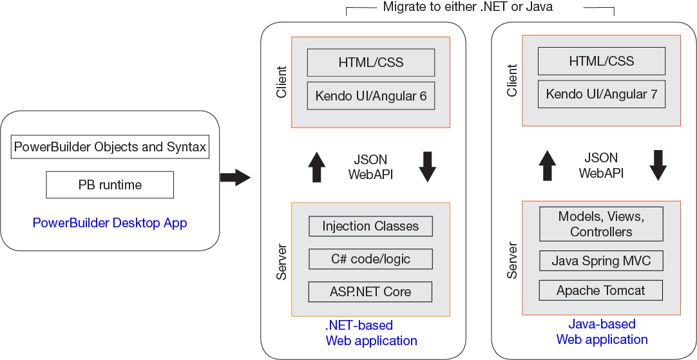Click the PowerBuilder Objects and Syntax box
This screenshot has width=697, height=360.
[110, 147]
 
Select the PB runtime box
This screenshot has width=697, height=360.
[110, 185]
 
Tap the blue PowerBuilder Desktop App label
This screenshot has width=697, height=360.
[110, 223]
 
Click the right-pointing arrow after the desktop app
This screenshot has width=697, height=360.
[234, 177]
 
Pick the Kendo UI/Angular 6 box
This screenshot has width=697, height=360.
[370, 96]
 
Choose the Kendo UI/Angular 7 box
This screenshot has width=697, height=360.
[601, 94]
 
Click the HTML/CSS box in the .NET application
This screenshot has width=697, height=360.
[370, 62]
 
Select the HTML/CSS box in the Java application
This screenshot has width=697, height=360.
[601, 61]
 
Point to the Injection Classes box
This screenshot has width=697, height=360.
[370, 226]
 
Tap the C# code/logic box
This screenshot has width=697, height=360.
[370, 259]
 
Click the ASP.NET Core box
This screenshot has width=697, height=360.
[370, 292]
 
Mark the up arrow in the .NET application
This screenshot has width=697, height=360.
[317, 167]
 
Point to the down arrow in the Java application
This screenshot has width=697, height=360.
[658, 166]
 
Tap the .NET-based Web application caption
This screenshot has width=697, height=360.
[371, 333]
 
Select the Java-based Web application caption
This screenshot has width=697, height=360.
[602, 332]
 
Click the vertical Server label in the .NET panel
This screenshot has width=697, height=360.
[282, 261]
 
